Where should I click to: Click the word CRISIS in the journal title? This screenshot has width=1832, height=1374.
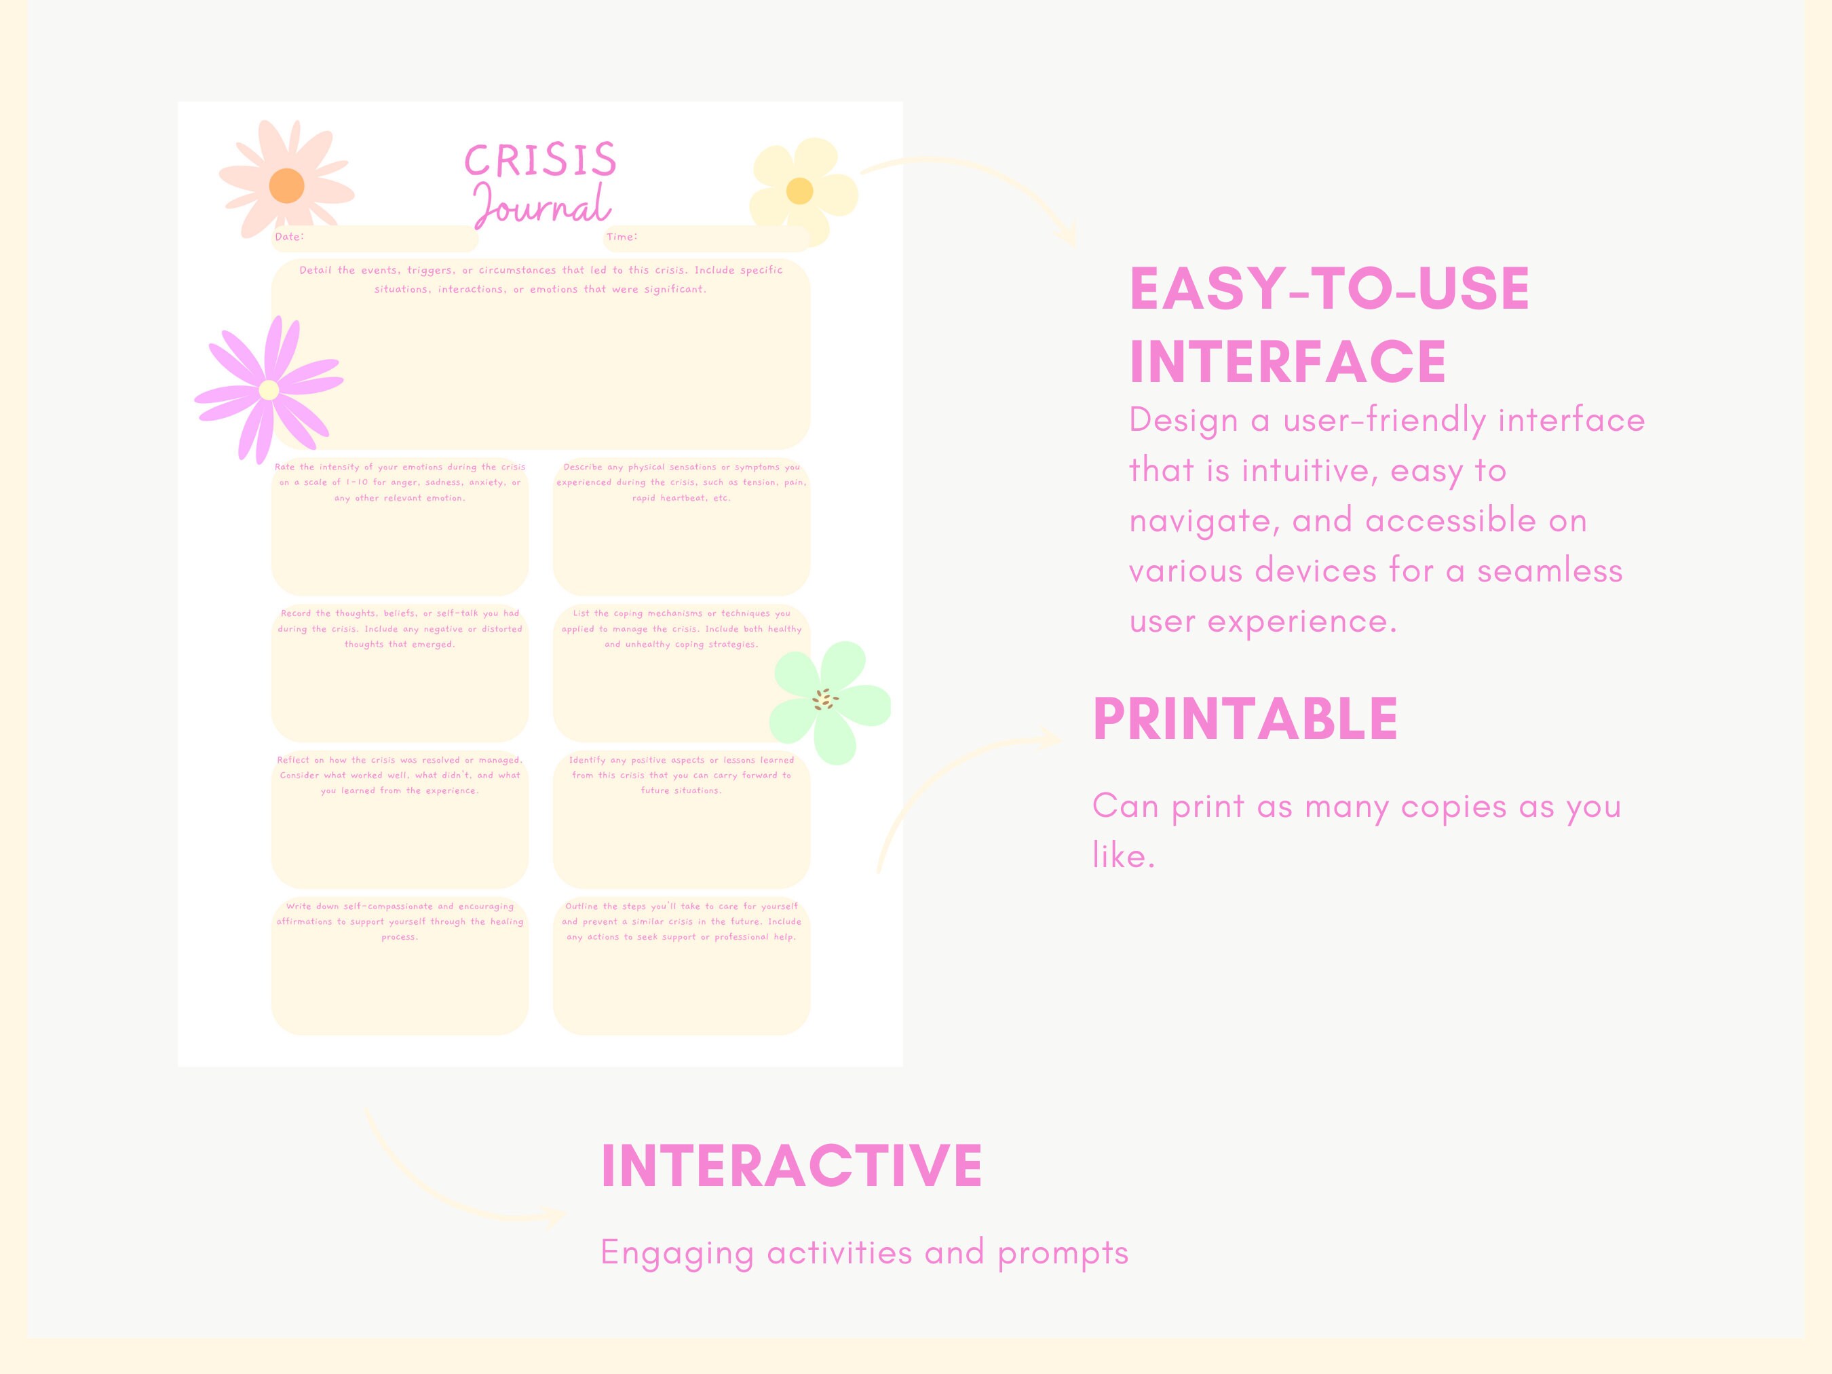coord(541,160)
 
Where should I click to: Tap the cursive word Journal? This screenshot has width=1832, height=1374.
coord(543,206)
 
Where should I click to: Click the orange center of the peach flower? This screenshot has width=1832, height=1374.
coord(286,185)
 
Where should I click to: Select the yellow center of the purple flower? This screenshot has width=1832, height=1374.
coord(268,390)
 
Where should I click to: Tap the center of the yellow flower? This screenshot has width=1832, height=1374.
coord(799,191)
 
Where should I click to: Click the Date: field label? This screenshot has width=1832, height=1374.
coord(289,237)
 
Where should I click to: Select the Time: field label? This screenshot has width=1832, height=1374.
coord(621,237)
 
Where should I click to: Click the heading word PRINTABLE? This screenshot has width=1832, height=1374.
coord(1245,719)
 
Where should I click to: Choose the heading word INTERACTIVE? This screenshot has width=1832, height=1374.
coord(792,1166)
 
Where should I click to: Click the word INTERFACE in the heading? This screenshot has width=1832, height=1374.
coord(1288,362)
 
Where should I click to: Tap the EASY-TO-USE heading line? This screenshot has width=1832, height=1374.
coord(1329,289)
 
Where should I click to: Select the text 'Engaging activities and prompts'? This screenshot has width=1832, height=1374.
coord(864,1253)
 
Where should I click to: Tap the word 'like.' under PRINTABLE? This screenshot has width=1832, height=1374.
coord(1123,856)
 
